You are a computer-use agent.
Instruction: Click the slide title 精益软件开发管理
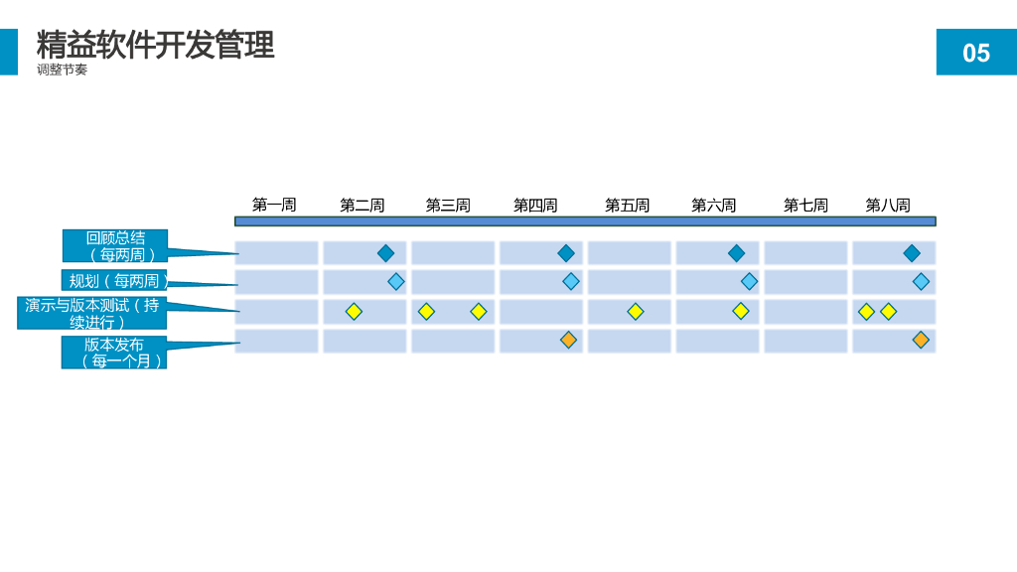pyautogui.click(x=155, y=45)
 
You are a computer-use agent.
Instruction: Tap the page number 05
pyautogui.click(x=976, y=53)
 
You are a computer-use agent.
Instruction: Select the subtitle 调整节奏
pyautogui.click(x=62, y=70)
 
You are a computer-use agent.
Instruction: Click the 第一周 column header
pyautogui.click(x=274, y=205)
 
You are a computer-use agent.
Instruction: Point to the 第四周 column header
pyautogui.click(x=535, y=206)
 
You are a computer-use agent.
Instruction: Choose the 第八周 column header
pyautogui.click(x=888, y=206)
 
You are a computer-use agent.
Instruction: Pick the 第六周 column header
pyautogui.click(x=713, y=206)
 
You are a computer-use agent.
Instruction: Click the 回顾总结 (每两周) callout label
pyautogui.click(x=115, y=246)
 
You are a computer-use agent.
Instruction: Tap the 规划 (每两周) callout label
pyautogui.click(x=114, y=281)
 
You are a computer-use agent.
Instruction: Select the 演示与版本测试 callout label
pyautogui.click(x=91, y=313)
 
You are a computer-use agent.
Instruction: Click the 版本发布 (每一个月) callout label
pyautogui.click(x=114, y=353)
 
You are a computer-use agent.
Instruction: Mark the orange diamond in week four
pyautogui.click(x=568, y=340)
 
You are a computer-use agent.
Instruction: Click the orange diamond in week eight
pyautogui.click(x=921, y=340)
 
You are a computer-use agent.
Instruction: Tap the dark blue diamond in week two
pyautogui.click(x=385, y=253)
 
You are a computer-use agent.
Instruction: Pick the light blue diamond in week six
pyautogui.click(x=749, y=281)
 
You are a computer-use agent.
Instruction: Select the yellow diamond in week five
pyautogui.click(x=636, y=312)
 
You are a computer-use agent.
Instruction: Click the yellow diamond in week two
pyautogui.click(x=354, y=312)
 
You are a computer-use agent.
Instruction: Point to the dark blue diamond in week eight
pyautogui.click(x=912, y=253)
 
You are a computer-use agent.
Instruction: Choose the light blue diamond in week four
pyautogui.click(x=571, y=281)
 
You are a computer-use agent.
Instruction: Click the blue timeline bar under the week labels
pyautogui.click(x=585, y=221)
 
